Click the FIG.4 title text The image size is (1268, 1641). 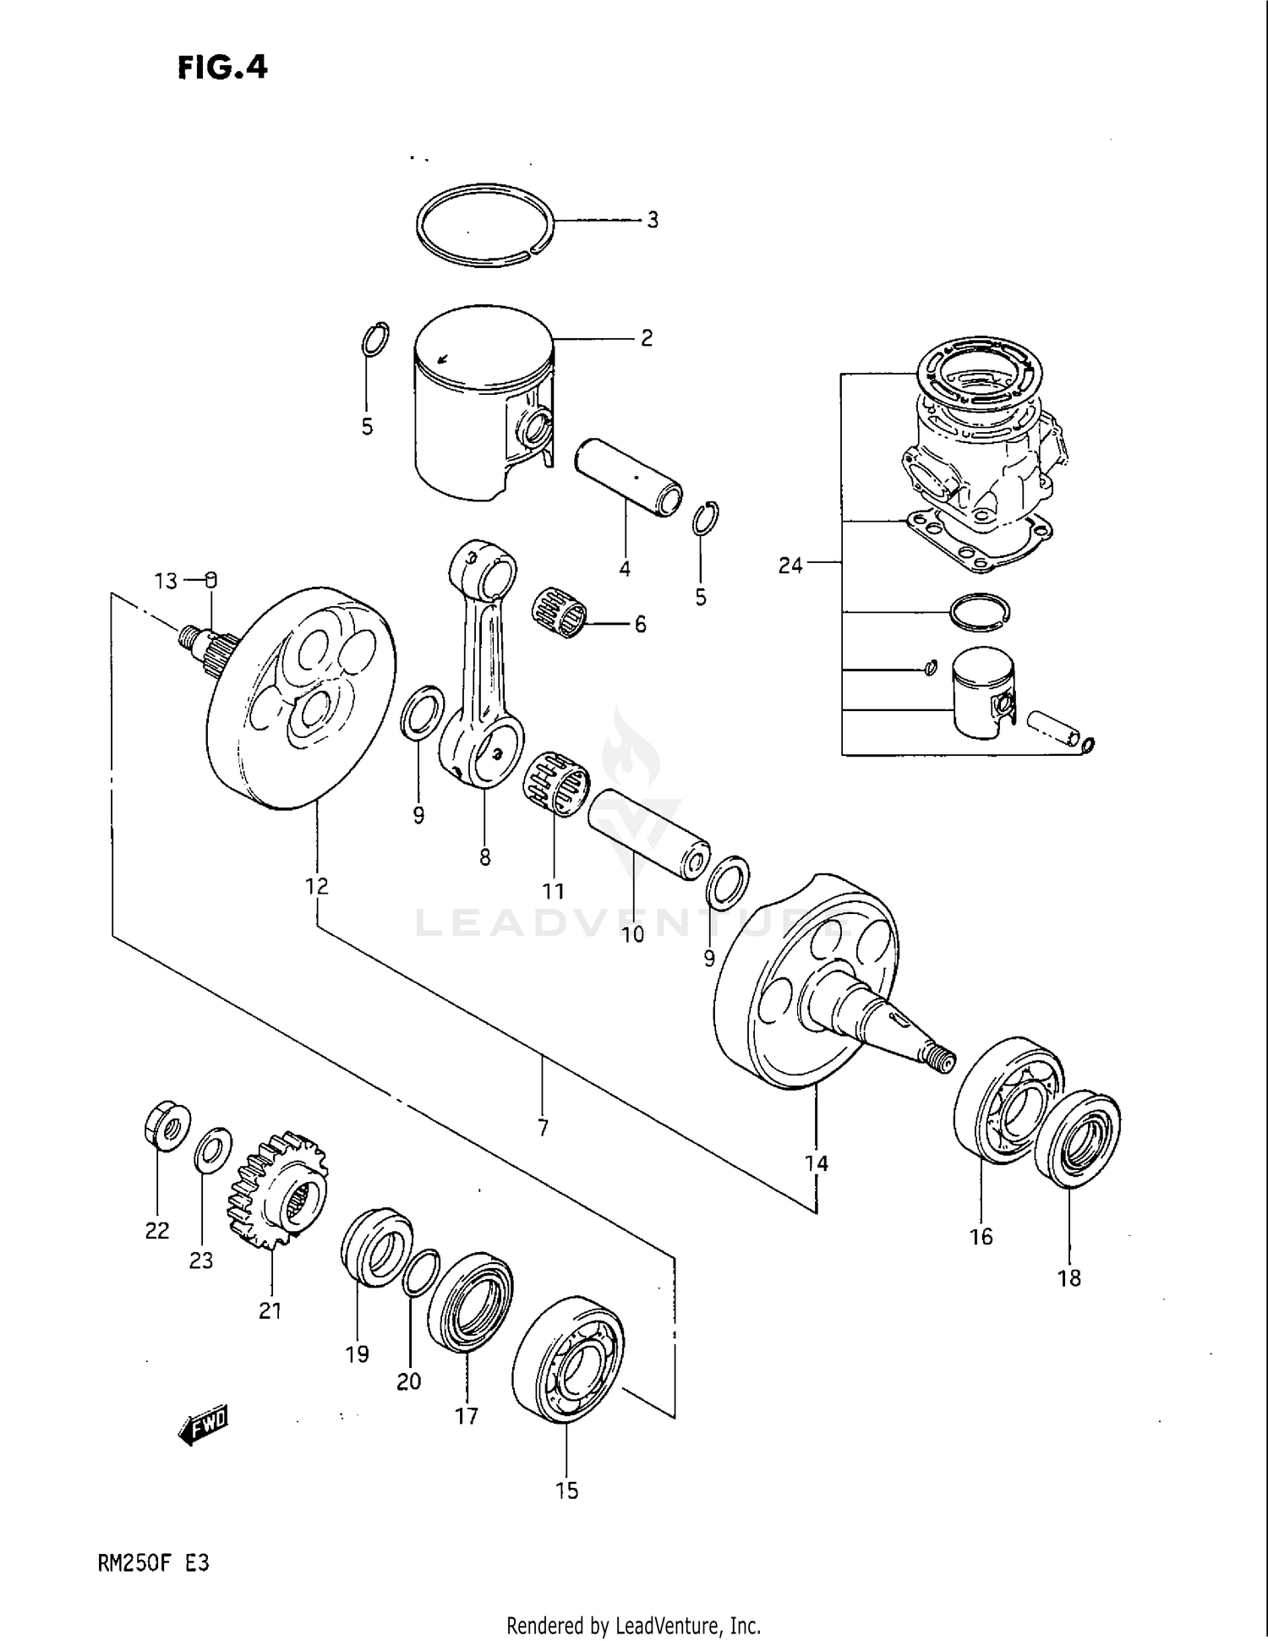222,68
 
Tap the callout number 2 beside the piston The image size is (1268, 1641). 647,339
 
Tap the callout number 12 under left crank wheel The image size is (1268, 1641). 317,886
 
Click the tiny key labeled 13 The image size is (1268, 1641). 212,580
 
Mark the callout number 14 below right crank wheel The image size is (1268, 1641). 817,1163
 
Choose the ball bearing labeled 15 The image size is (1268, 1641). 568,1360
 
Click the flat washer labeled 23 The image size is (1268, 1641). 214,1147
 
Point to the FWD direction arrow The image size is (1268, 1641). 204,1427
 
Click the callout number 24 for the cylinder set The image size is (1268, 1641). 790,566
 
